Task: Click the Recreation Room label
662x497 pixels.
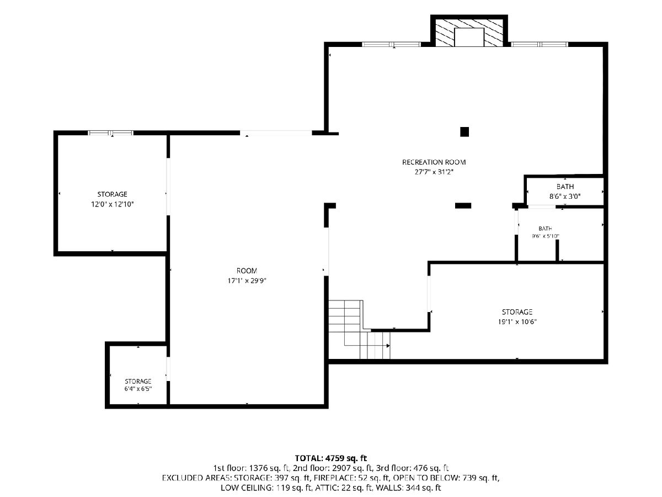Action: (434, 162)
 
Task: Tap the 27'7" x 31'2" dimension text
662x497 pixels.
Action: (434, 172)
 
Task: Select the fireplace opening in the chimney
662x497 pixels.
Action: (469, 37)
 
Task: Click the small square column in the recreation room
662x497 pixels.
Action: (464, 132)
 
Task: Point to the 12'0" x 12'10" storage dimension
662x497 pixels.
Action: (112, 204)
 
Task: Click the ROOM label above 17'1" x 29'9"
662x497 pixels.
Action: (247, 271)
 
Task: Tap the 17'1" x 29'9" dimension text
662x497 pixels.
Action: (247, 281)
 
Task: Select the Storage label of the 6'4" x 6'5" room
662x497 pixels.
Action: (138, 381)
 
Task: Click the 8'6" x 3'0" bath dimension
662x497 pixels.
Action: (565, 197)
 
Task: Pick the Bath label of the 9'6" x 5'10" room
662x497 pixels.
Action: (545, 229)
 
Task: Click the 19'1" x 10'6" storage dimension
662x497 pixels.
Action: (517, 322)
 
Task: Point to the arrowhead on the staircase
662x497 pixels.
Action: (388, 346)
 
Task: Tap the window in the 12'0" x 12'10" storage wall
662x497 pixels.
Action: (111, 133)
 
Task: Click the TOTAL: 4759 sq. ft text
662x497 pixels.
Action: (331, 458)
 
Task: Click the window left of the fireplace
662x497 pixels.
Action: (391, 44)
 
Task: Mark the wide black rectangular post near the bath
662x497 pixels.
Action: (463, 206)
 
